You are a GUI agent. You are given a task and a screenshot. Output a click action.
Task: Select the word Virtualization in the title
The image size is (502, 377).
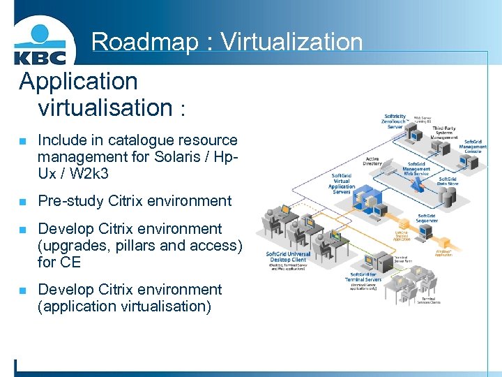[x=292, y=42]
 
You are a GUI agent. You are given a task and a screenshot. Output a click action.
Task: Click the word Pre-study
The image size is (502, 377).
[x=70, y=201]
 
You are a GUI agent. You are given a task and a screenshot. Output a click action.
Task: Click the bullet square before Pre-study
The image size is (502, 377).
[x=22, y=202]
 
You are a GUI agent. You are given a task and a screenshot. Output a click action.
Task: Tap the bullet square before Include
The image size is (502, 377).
[x=22, y=141]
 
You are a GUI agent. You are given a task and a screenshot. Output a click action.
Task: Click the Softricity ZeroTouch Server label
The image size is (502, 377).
[x=394, y=121]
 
